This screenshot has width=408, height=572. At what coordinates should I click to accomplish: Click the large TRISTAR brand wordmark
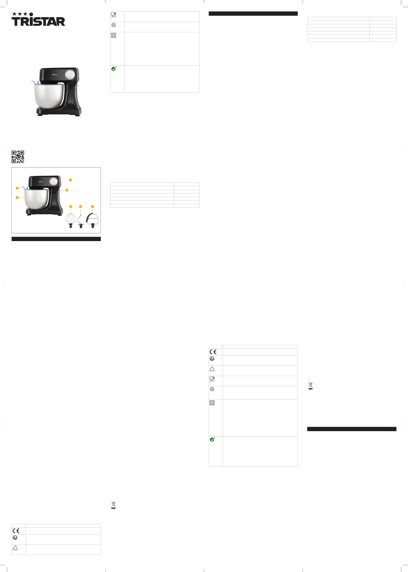tap(38, 21)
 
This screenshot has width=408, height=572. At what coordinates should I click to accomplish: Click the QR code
tap(18, 157)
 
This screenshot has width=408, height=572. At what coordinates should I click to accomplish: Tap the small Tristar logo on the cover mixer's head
tap(54, 74)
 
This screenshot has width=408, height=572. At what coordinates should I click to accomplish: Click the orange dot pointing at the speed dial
tap(70, 180)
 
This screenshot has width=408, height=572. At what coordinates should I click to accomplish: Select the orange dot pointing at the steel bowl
tap(17, 198)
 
